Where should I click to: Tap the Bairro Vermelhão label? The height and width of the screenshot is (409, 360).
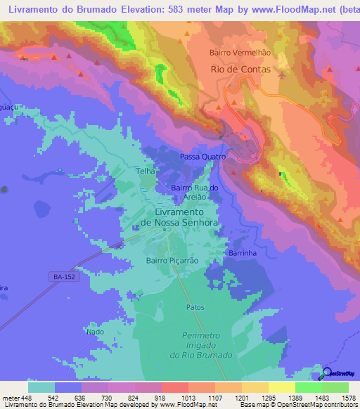coord(240,53)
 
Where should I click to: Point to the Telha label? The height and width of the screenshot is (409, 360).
coord(145,171)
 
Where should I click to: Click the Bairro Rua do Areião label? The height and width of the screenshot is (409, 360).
coord(196,193)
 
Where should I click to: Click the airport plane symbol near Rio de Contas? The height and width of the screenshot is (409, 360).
coord(283,74)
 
